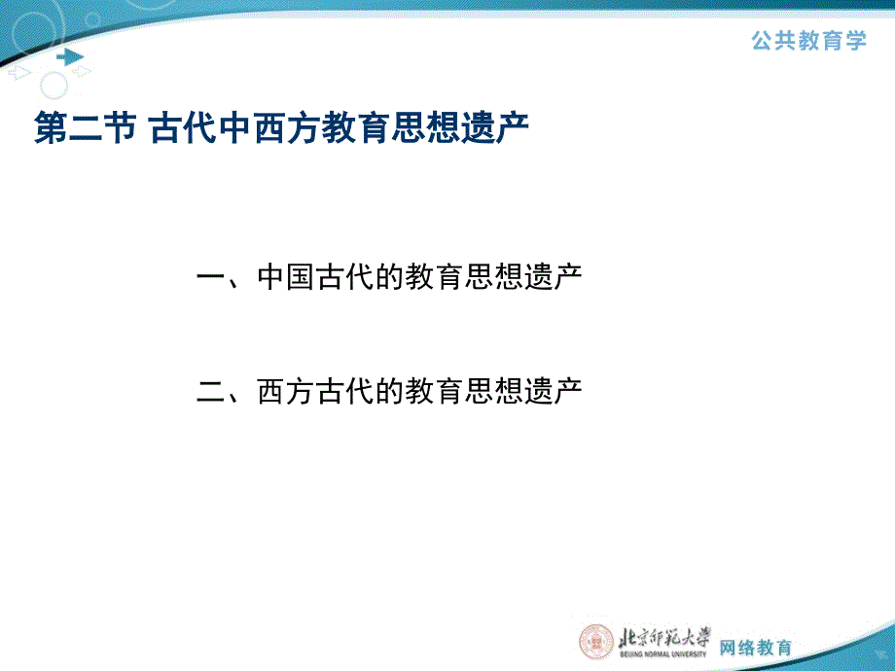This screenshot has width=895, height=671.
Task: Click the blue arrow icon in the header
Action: [x=70, y=57]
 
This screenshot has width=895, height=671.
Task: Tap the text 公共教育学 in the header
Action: [x=808, y=41]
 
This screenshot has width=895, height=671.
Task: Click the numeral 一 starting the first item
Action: [x=211, y=277]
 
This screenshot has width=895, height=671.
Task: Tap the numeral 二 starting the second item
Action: [x=211, y=391]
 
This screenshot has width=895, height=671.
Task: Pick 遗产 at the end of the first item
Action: [x=554, y=277]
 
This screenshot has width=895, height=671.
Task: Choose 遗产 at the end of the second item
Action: [x=554, y=391]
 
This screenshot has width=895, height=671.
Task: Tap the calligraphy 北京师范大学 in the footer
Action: [x=665, y=637]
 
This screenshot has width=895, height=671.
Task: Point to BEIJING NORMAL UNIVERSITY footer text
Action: [x=663, y=653]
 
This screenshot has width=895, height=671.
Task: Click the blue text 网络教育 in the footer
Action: [x=756, y=647]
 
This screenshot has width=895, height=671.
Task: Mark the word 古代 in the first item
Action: [x=344, y=277]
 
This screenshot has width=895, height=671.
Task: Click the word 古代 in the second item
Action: [x=344, y=391]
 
